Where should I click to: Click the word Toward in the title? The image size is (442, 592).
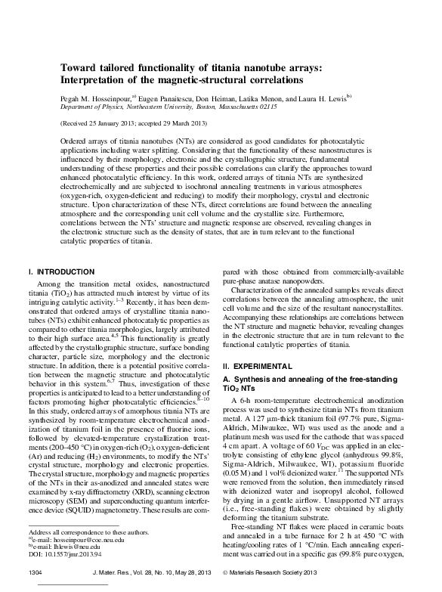pyautogui.click(x=80, y=68)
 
